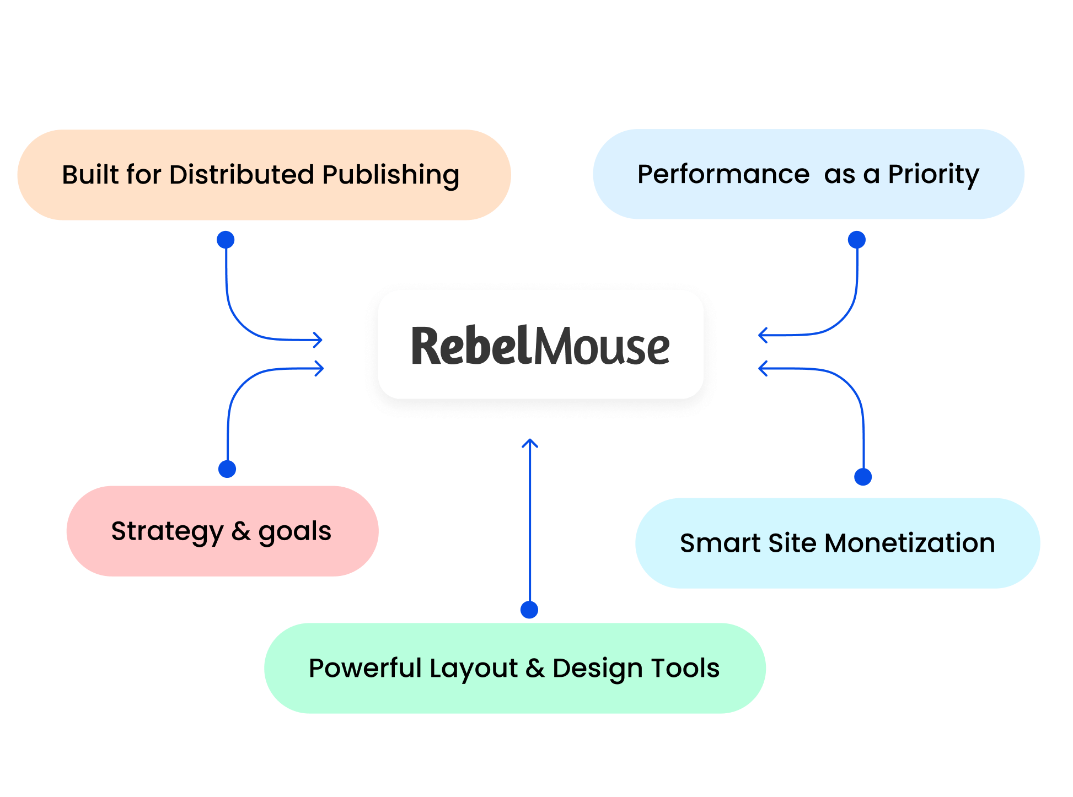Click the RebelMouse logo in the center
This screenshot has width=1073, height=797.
click(x=540, y=346)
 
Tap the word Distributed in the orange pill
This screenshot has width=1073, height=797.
click(x=243, y=175)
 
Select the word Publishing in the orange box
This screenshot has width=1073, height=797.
click(x=390, y=176)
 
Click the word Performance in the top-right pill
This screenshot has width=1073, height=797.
click(x=723, y=174)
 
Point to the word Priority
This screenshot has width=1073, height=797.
click(x=933, y=175)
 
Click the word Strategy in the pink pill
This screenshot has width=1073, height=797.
click(x=167, y=532)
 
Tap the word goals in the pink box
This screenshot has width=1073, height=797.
click(x=295, y=532)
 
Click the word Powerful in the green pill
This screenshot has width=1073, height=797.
click(x=365, y=668)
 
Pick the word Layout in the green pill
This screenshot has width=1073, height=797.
click(x=474, y=669)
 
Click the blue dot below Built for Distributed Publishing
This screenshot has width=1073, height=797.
click(x=226, y=240)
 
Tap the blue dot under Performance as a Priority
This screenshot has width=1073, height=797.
click(x=856, y=240)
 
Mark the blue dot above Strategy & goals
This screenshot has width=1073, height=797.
click(x=227, y=469)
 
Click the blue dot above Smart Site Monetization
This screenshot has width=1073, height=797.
click(x=863, y=477)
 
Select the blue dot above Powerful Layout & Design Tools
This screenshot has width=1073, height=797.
click(x=529, y=610)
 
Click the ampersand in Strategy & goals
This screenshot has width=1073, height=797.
click(x=241, y=531)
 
